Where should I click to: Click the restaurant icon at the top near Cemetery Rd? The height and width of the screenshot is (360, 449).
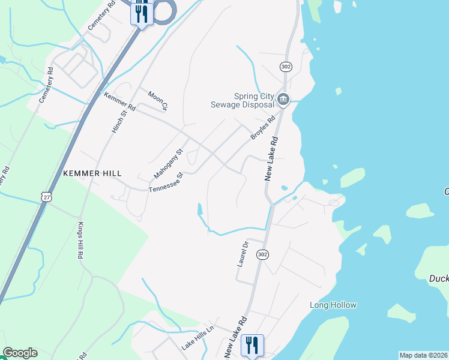142,12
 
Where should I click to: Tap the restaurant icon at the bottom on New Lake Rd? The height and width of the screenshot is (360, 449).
252,346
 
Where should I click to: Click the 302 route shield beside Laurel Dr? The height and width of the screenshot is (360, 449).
262,254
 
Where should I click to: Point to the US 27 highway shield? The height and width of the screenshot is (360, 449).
47,196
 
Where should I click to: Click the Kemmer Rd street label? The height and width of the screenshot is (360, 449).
120,103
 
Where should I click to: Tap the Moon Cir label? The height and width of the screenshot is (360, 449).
158,100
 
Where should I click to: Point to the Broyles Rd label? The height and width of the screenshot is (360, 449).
263,128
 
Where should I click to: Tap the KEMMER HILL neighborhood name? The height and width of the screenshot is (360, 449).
88,173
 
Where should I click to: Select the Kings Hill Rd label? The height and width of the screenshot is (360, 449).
80,240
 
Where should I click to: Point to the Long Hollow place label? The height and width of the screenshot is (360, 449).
333,305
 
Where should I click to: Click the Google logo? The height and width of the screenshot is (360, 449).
20,353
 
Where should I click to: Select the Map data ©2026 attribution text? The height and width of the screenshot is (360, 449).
423,355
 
